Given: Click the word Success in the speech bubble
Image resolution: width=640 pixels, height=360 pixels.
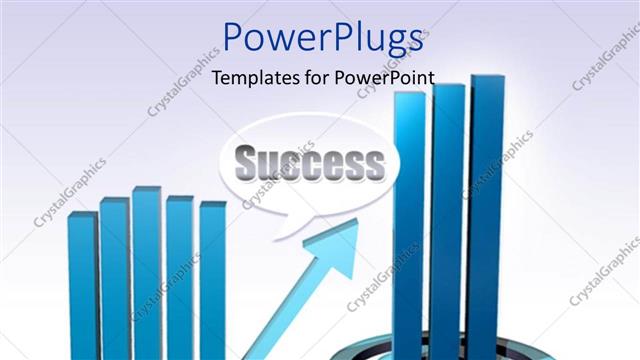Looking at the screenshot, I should click(x=309, y=161).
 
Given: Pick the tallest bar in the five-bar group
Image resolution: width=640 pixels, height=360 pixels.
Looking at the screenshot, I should click(x=147, y=270).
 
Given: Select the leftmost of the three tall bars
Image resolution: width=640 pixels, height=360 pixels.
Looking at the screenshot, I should click(x=409, y=220).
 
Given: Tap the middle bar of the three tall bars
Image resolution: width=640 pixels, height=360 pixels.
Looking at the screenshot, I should click(x=447, y=215).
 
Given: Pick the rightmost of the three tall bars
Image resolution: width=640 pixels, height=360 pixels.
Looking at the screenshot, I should click(x=486, y=210).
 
